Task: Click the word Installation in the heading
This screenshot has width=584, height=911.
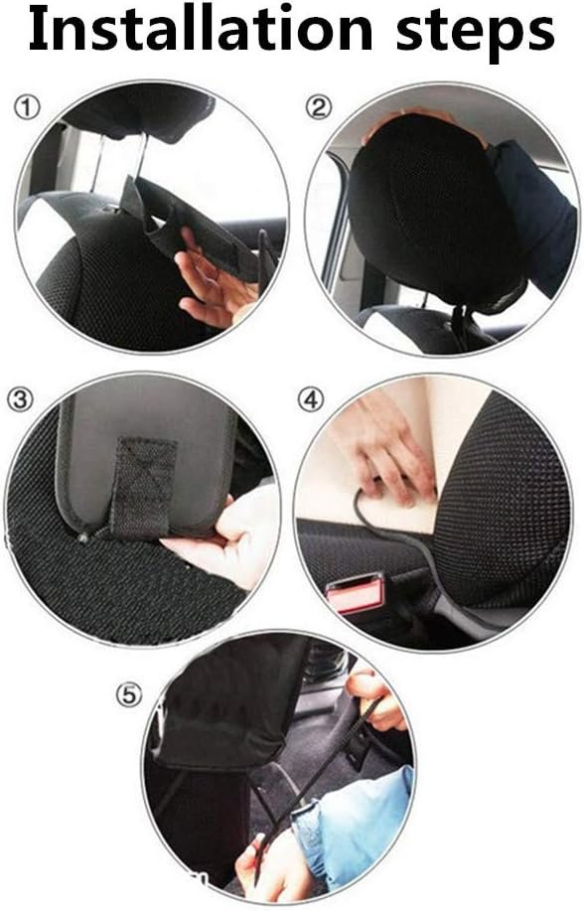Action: (x=200, y=29)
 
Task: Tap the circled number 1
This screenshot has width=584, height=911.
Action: (x=27, y=108)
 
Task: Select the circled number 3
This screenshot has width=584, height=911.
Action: (x=20, y=399)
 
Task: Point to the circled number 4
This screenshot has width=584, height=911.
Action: (x=311, y=399)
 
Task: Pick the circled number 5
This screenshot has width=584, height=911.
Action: (x=129, y=694)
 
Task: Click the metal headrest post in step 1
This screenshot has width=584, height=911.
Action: (x=137, y=157)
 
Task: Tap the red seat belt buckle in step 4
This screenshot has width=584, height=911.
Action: (x=356, y=593)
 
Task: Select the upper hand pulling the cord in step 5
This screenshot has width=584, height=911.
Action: (x=374, y=700)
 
